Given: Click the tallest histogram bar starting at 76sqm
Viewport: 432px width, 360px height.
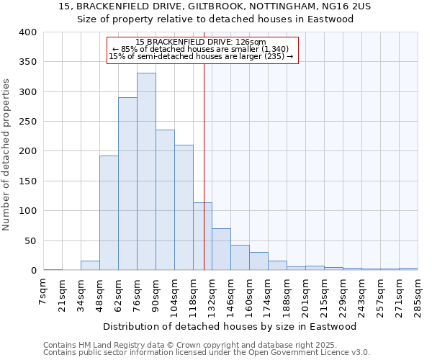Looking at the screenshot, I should (x=146, y=171).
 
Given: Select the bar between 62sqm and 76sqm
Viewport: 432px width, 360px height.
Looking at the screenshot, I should (x=127, y=184).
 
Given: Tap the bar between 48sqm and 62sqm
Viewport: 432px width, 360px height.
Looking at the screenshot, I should (x=109, y=213).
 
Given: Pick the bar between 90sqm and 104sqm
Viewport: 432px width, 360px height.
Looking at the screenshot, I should (x=165, y=200).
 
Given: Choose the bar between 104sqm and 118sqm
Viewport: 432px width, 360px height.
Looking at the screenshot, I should (x=184, y=207).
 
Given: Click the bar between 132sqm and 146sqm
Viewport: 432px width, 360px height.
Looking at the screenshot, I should (x=221, y=249).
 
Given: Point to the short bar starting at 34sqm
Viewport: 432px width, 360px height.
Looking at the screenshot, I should (x=90, y=266).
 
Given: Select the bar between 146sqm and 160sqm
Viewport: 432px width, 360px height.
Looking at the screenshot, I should (x=240, y=258).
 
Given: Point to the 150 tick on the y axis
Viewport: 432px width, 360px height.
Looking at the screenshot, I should (x=28, y=181).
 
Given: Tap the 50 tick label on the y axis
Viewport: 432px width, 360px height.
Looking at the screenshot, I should (x=31, y=241).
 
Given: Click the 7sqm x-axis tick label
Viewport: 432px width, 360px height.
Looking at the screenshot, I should (x=43, y=292).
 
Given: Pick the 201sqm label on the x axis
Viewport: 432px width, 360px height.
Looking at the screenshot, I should (x=305, y=295).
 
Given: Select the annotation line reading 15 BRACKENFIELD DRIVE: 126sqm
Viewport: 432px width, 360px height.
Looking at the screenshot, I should (x=201, y=42).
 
